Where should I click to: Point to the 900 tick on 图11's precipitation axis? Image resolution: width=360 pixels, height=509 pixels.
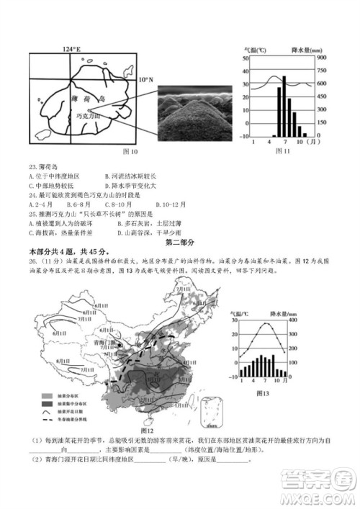tap(322, 58)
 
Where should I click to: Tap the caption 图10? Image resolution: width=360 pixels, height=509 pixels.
tap(130, 152)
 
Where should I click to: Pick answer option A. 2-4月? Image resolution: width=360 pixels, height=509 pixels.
tap(42, 205)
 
